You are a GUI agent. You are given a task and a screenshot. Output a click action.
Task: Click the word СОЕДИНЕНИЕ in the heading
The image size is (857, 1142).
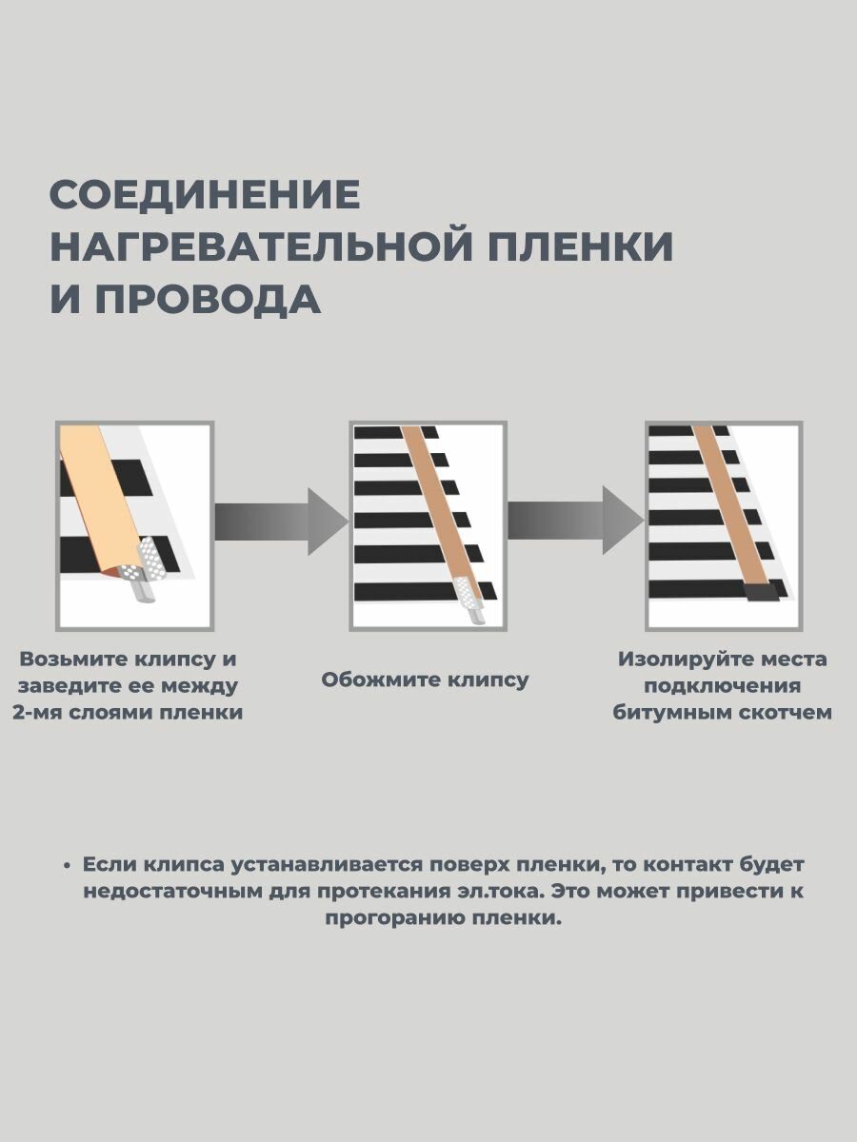coord(205,195)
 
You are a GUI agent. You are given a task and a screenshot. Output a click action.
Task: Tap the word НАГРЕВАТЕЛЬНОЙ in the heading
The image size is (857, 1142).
coord(260,246)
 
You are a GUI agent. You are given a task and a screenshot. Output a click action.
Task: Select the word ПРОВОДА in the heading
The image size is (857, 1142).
coord(208,299)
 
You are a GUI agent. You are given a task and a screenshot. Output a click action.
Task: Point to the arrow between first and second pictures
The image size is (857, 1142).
coord(280,522)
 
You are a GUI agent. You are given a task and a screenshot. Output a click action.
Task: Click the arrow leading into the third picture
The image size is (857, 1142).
coord(575,522)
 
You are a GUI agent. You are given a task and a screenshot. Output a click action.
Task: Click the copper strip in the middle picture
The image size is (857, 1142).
coord(433,504)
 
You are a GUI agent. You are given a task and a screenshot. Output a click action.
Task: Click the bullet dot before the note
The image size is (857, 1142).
coord(67,866)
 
